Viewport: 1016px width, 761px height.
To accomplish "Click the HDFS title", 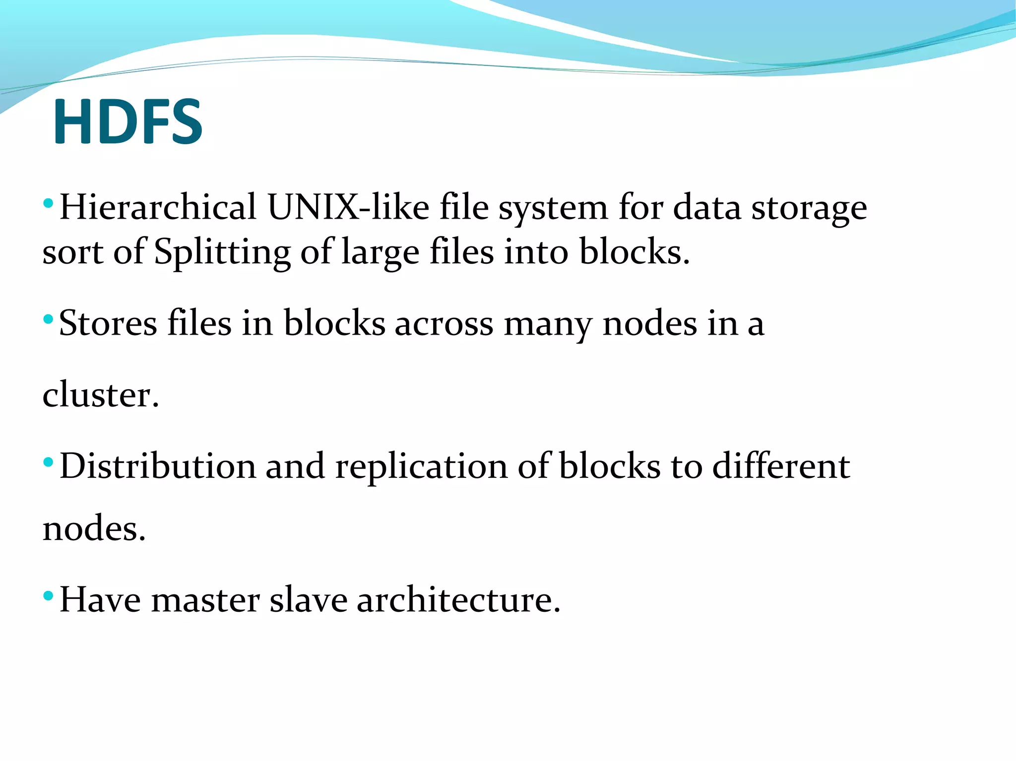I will point(128,121).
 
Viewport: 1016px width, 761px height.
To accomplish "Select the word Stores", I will point(108,323).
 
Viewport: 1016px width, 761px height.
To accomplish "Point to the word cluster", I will point(100,395).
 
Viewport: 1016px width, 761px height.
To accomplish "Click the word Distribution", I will point(157,466).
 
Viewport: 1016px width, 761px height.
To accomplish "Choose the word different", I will point(781,466).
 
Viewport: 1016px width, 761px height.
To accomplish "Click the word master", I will point(205,600).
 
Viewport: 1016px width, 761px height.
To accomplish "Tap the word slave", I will point(308,600).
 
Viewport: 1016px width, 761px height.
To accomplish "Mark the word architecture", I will point(458,600).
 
